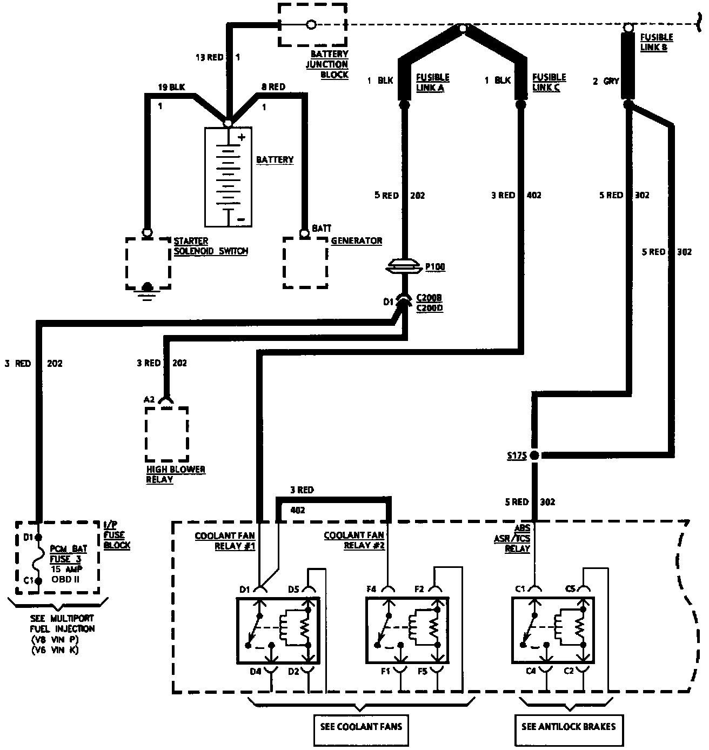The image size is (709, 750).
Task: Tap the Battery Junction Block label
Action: [x=329, y=64]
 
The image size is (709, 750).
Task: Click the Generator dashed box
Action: [x=305, y=262]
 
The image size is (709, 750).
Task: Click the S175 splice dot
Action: [x=534, y=455]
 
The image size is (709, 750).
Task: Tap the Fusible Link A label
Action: [x=432, y=82]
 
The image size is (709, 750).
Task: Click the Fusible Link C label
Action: [x=549, y=82]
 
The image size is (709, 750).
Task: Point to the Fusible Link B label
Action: [x=656, y=42]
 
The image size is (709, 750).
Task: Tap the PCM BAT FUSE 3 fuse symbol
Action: [x=38, y=559]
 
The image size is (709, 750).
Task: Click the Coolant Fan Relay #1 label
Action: [x=225, y=540]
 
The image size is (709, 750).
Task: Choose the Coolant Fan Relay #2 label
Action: [x=354, y=540]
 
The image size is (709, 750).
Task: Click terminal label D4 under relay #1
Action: [x=255, y=672]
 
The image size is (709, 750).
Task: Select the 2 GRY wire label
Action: [x=606, y=81]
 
